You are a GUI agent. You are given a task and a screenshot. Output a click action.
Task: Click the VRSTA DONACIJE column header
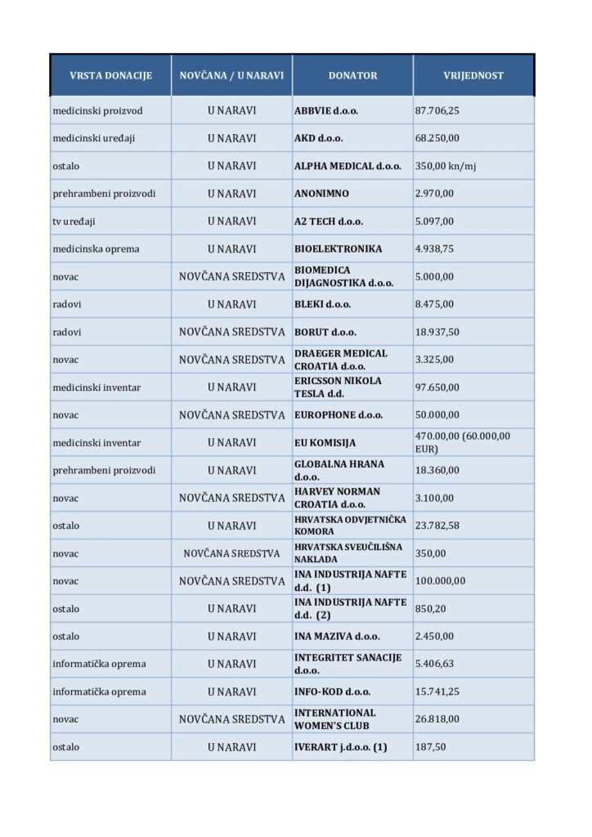(x=110, y=75)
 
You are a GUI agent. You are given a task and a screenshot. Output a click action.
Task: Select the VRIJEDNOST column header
(x=473, y=75)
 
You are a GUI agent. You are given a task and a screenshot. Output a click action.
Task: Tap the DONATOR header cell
(x=352, y=75)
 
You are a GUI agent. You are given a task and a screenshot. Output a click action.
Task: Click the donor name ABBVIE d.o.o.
(x=326, y=110)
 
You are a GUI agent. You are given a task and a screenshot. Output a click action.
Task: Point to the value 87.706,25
(x=438, y=110)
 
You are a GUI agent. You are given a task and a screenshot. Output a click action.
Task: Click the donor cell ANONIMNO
(x=321, y=194)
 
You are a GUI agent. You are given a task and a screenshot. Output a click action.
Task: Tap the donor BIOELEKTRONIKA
(x=338, y=249)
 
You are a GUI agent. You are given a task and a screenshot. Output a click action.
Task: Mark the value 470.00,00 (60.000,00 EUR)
(x=463, y=442)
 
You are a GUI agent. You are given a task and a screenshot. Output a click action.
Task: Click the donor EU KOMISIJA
(x=326, y=443)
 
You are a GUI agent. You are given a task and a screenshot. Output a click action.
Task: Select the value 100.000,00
(x=440, y=581)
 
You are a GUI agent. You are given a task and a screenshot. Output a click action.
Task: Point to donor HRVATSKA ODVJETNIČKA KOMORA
(x=345, y=526)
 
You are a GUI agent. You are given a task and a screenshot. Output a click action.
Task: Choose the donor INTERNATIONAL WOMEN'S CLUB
(x=335, y=719)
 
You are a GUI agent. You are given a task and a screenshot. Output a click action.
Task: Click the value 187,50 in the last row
(x=431, y=747)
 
